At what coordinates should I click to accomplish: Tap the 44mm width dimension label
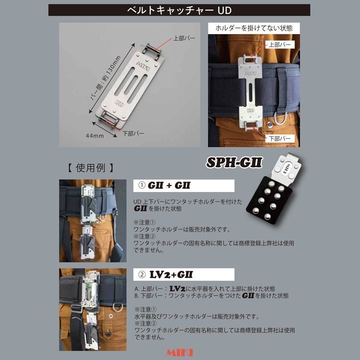tap(96, 136)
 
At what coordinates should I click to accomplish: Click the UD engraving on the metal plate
tap(117, 102)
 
